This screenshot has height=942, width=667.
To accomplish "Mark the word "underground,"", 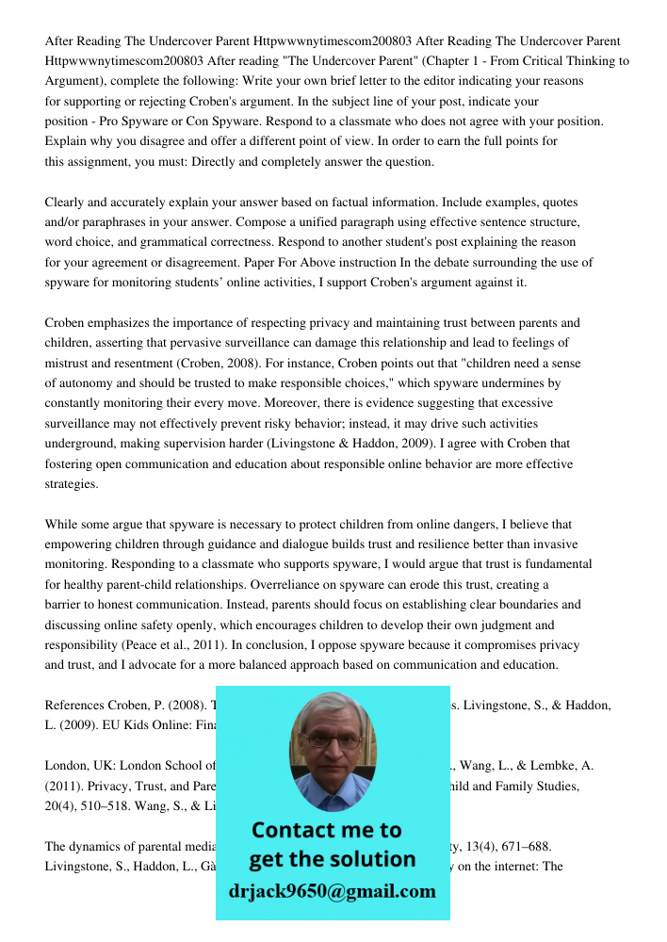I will point(84,444).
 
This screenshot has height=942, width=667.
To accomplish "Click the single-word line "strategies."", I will point(72,484).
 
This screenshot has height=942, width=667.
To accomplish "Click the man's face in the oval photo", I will point(331,744).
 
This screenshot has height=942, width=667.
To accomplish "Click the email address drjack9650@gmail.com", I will point(332,890).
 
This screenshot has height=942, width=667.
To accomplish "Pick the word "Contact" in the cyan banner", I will point(294,830).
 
